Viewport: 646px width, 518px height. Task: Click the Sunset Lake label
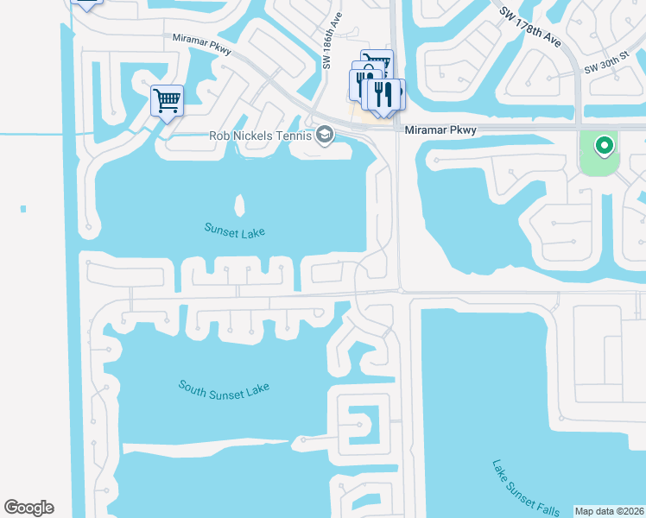(234, 231)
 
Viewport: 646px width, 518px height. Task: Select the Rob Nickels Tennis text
(260, 135)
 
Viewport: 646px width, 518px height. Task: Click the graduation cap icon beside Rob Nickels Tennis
(325, 134)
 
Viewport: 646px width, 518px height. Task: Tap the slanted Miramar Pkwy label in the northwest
(203, 44)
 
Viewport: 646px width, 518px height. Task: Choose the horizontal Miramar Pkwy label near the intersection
(440, 129)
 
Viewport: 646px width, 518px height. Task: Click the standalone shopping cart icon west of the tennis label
(167, 99)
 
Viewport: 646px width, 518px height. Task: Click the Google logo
(28, 508)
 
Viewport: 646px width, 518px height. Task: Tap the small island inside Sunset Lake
(239, 205)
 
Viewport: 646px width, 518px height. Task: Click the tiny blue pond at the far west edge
(22, 208)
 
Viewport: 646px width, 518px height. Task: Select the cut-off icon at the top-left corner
(85, 4)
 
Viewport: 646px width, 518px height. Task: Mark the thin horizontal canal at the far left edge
(30, 134)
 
